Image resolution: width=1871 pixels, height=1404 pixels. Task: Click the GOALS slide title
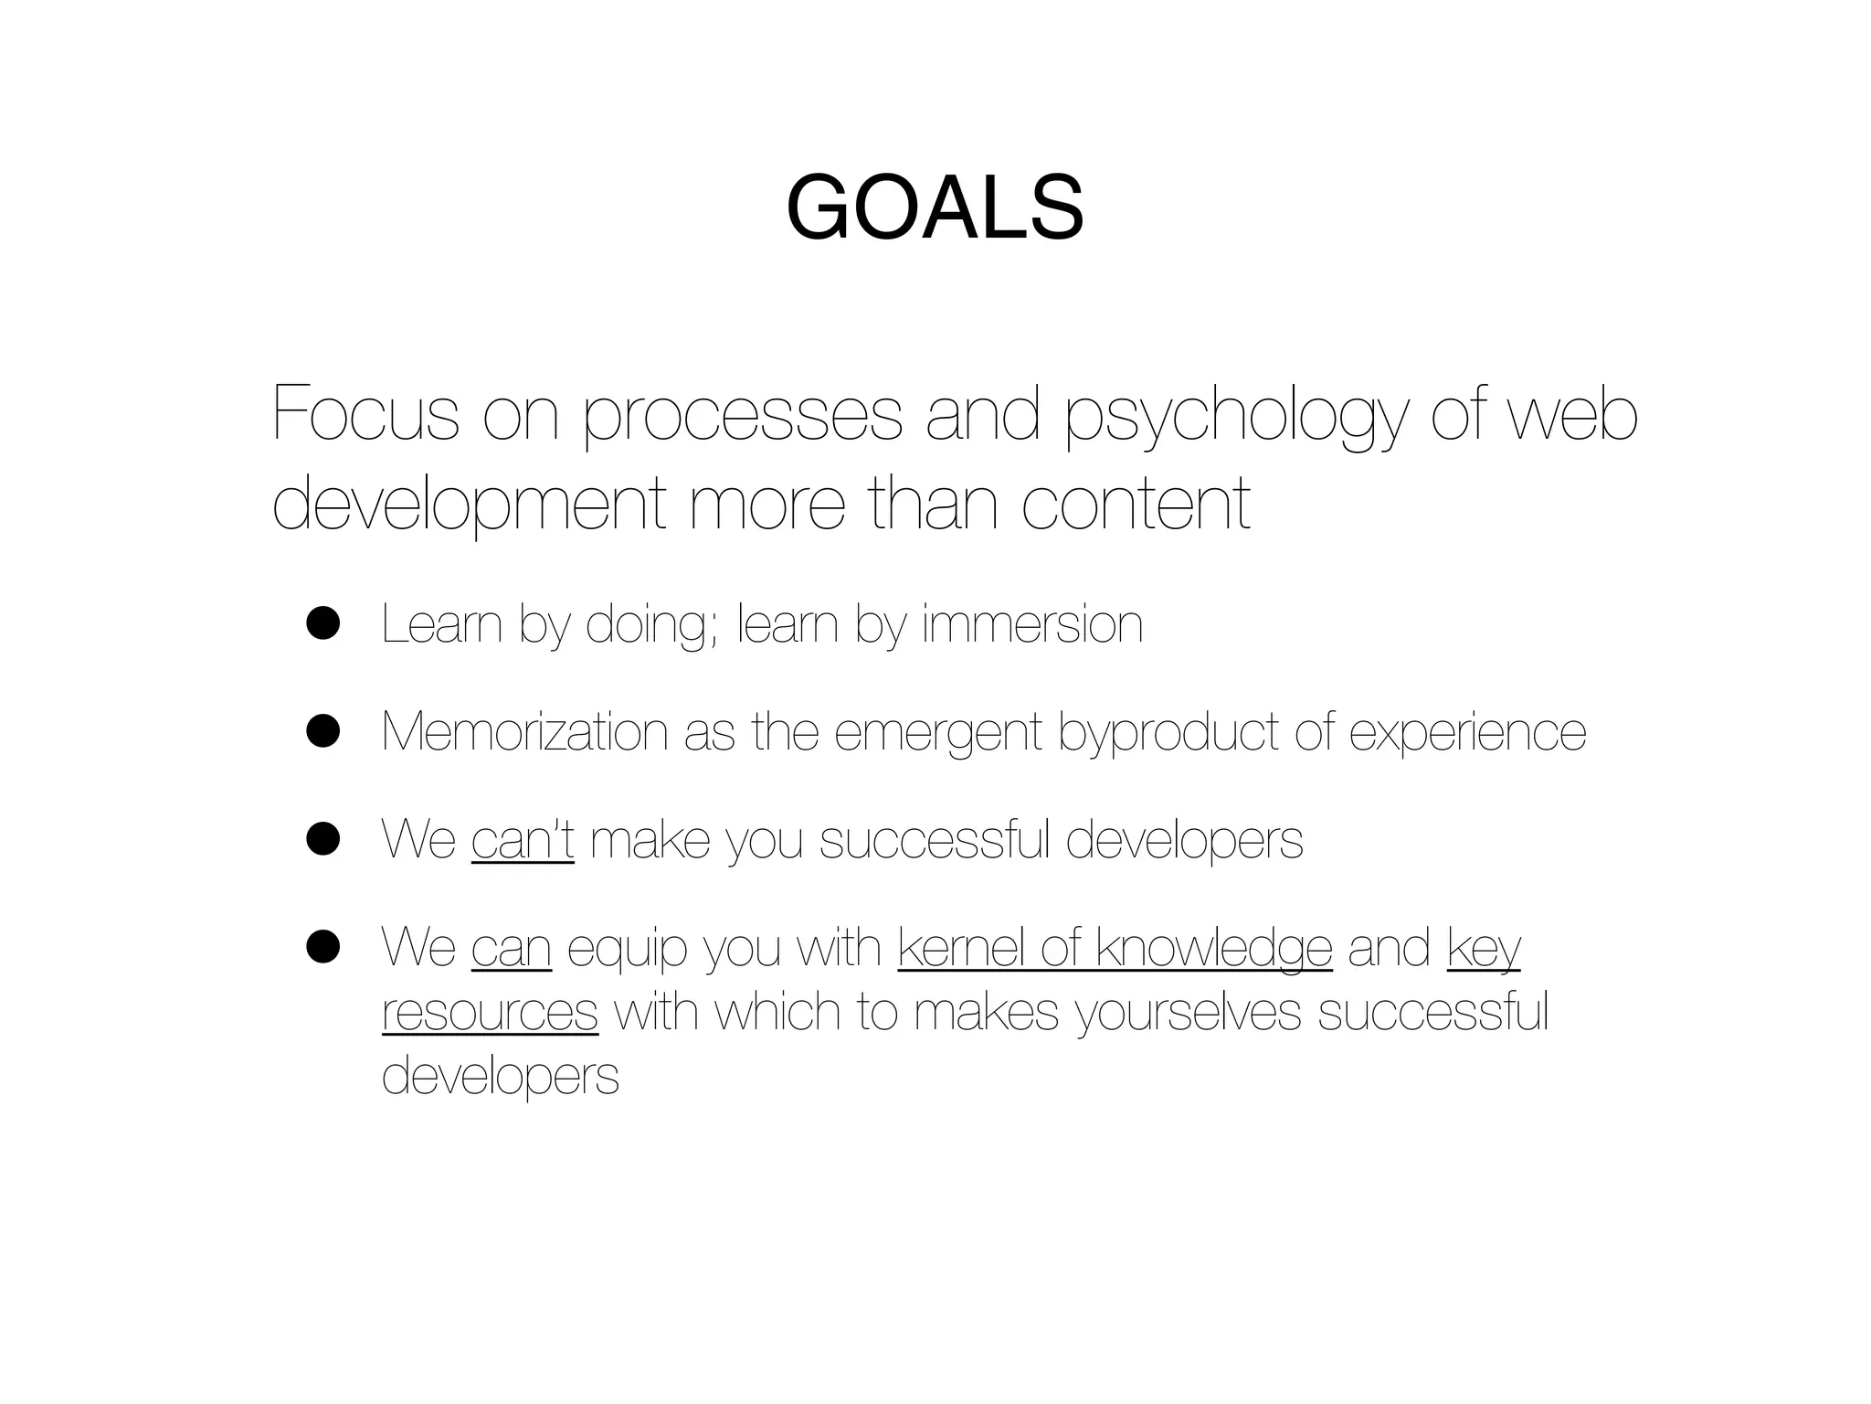(x=935, y=208)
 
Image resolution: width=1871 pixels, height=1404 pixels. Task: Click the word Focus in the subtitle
(x=365, y=415)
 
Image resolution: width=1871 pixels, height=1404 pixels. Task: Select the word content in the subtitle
(x=1136, y=504)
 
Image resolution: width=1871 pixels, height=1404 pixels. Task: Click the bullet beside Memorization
(x=323, y=731)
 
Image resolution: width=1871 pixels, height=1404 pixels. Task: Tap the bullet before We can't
(x=323, y=838)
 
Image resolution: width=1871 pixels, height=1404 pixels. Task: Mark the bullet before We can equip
(x=323, y=947)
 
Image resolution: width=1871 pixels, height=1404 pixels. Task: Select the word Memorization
(x=525, y=731)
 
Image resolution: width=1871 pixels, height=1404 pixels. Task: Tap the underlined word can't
(x=523, y=839)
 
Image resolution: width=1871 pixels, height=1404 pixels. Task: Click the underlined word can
(x=512, y=948)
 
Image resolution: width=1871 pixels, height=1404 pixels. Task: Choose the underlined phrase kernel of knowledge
(x=1115, y=948)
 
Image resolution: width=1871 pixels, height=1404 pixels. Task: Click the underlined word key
(x=1484, y=949)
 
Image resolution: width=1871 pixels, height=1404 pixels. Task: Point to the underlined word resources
(x=490, y=1012)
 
